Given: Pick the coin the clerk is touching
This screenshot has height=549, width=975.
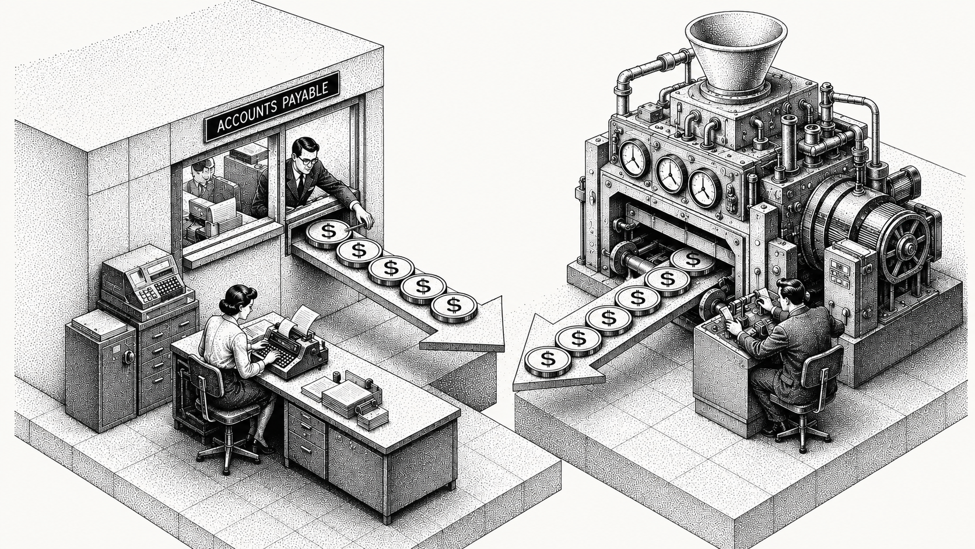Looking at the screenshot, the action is pos(327,235).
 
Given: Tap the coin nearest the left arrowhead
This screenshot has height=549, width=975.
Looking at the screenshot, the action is pos(454,307).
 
